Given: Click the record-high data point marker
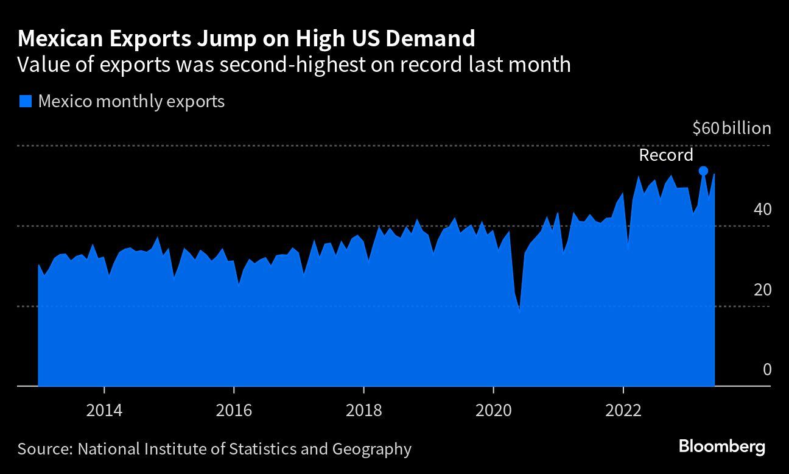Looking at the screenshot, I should [x=703, y=171].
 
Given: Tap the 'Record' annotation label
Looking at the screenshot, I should [x=665, y=155].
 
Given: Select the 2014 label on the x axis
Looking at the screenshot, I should [x=104, y=410].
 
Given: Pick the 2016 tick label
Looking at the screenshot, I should [x=234, y=410].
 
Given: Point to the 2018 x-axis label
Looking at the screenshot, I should [x=363, y=410].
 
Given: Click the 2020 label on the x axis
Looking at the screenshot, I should [x=493, y=410].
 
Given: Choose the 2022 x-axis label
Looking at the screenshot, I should [x=623, y=410].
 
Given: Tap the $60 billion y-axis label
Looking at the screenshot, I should [x=732, y=129].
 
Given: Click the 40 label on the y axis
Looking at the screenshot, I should [x=762, y=209].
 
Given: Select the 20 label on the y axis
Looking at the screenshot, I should [x=762, y=289].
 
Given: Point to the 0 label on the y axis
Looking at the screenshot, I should [x=766, y=370].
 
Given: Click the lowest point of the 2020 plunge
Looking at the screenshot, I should [x=519, y=311].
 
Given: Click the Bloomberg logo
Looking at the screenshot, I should [x=722, y=447].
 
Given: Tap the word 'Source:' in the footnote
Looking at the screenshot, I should [x=44, y=450].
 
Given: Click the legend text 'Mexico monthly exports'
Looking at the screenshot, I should [x=131, y=101].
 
